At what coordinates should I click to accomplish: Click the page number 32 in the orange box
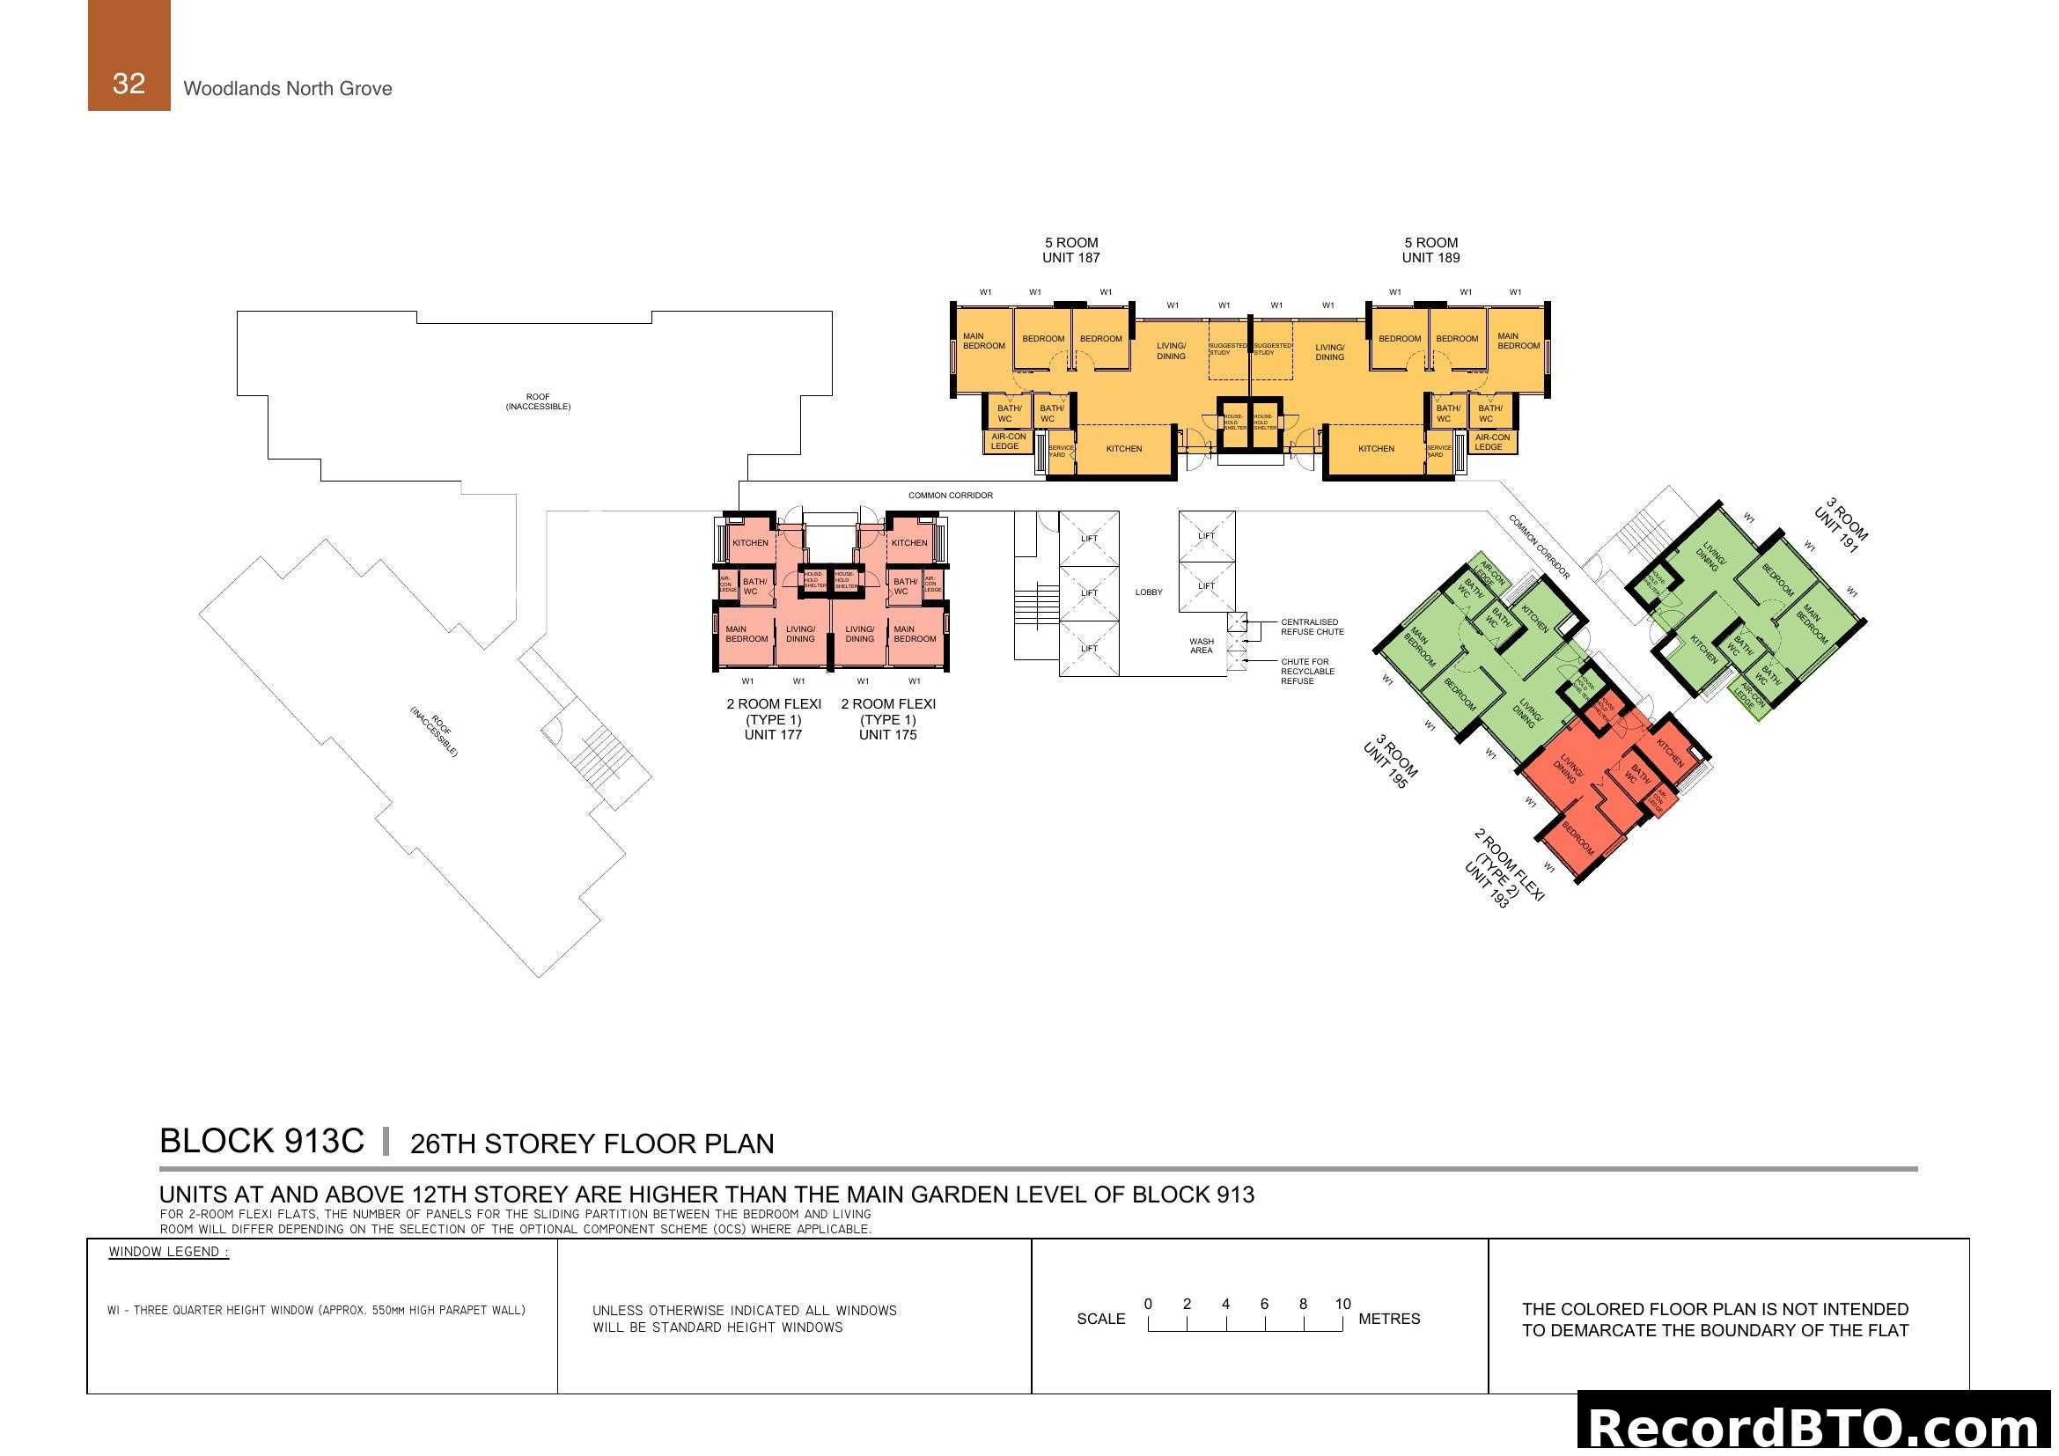pyautogui.click(x=129, y=84)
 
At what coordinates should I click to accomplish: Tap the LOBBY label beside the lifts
pyautogui.click(x=1148, y=592)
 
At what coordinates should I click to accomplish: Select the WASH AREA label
pyautogui.click(x=1201, y=645)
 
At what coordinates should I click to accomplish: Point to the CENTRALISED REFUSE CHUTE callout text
pyautogui.click(x=1311, y=627)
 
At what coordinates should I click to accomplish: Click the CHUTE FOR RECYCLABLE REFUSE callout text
pyautogui.click(x=1306, y=672)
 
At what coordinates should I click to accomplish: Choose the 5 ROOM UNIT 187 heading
pyautogui.click(x=1070, y=250)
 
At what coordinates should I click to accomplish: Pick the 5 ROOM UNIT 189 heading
pyautogui.click(x=1430, y=250)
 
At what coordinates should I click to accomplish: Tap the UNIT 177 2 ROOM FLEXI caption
pyautogui.click(x=773, y=719)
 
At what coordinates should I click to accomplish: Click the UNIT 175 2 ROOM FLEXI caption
pyautogui.click(x=888, y=719)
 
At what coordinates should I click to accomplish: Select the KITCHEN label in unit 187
pyautogui.click(x=1123, y=449)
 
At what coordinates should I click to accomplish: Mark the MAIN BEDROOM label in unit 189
pyautogui.click(x=1519, y=341)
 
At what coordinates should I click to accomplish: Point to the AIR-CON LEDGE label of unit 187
pyautogui.click(x=1008, y=441)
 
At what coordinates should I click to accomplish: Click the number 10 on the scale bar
pyautogui.click(x=1342, y=1305)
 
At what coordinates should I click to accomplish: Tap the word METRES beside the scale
pyautogui.click(x=1389, y=1319)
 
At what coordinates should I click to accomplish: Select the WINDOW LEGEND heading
pyautogui.click(x=169, y=1253)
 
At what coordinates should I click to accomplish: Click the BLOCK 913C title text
pyautogui.click(x=261, y=1142)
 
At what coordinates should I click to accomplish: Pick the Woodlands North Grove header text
pyautogui.click(x=287, y=89)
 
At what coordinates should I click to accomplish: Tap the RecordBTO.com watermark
pyautogui.click(x=1815, y=1427)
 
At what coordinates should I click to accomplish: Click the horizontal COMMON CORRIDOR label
pyautogui.click(x=950, y=495)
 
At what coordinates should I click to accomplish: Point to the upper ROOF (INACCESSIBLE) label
pyautogui.click(x=537, y=401)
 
